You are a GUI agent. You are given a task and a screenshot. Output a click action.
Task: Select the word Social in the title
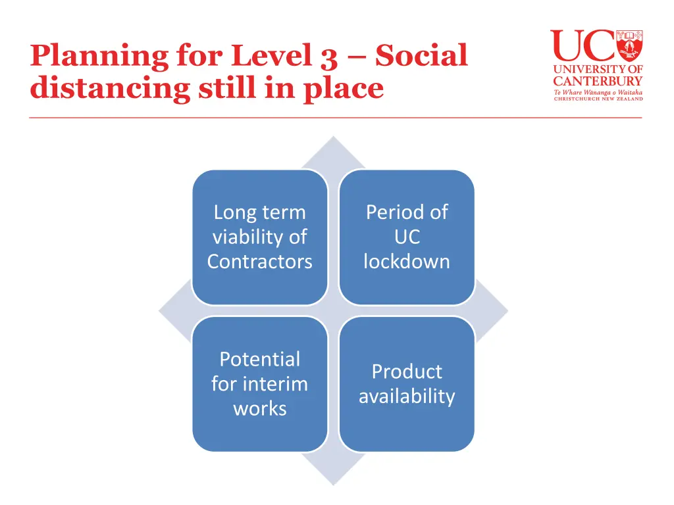421,56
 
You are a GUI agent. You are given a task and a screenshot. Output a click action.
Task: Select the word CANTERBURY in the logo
597,82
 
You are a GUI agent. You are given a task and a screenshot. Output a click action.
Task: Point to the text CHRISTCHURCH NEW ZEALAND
597,99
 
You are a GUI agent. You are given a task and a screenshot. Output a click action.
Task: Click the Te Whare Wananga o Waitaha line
597,92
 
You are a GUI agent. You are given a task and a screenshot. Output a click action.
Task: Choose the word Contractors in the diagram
259,262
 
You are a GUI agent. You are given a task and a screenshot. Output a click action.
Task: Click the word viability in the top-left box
259,237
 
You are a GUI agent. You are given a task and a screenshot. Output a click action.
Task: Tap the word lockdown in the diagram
406,262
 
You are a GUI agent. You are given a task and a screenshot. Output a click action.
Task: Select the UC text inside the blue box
406,237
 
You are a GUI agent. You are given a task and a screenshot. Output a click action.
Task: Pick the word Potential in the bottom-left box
259,359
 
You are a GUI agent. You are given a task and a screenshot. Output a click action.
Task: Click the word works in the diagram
259,408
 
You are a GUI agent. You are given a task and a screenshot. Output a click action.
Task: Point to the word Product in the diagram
406,372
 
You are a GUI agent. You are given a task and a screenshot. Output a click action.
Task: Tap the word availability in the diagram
406,397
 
